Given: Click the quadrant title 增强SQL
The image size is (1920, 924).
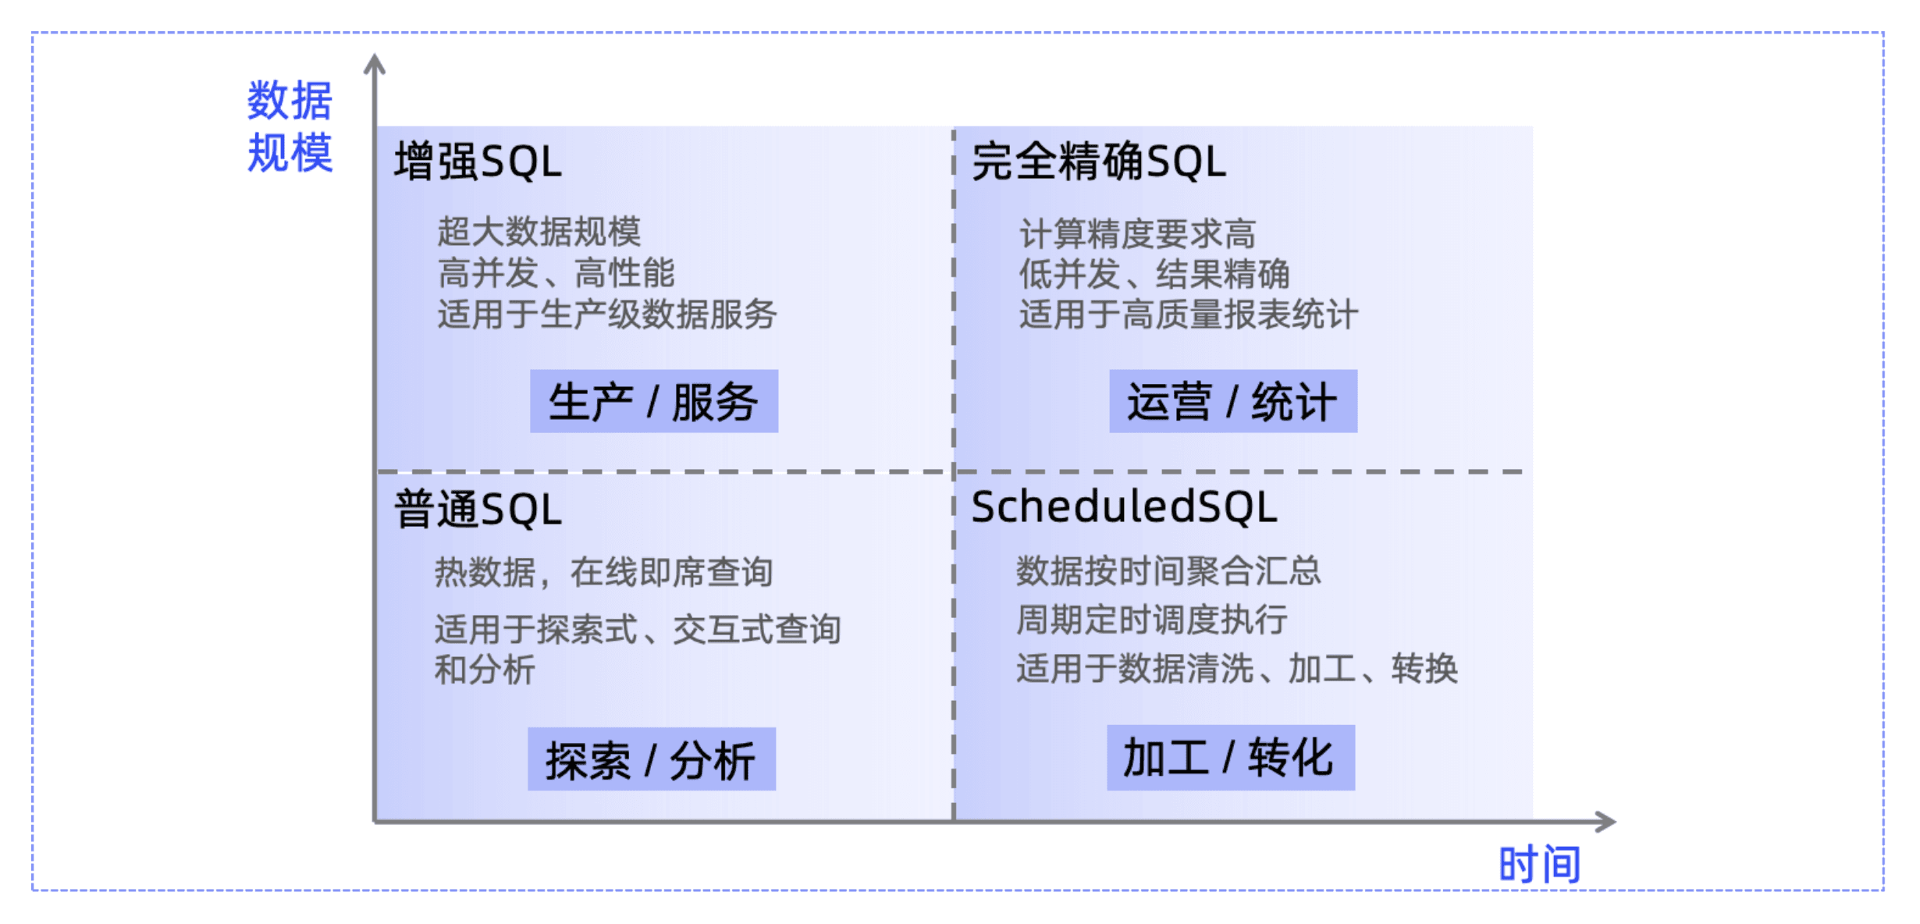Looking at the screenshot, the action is tap(478, 162).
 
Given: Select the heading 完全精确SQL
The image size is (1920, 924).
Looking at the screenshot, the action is tap(1099, 162).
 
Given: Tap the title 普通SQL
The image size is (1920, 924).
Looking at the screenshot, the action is tap(478, 510).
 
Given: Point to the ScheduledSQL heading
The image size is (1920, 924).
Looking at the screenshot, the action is tap(1124, 506).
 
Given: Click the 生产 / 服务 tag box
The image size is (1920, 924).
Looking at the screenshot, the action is tap(654, 401).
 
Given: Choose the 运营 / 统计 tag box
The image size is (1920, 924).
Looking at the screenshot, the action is tap(1233, 401).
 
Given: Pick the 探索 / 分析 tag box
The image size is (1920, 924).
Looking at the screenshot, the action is tap(652, 759).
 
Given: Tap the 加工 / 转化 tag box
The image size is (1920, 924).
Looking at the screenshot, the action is tap(1231, 758).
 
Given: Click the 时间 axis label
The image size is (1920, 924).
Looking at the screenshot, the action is tap(1540, 865).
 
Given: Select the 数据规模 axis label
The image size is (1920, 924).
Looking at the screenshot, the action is tap(290, 126).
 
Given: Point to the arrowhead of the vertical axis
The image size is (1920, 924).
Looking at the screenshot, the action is tap(375, 57).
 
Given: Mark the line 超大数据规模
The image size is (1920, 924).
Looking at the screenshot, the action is tap(539, 231).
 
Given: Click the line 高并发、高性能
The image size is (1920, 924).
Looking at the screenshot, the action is tap(556, 273).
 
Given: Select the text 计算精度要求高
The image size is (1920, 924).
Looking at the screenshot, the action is tap(1138, 233).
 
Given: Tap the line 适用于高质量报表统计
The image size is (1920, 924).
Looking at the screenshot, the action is tap(1189, 315).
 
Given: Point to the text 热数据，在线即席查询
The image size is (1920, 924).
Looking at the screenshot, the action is tap(604, 572).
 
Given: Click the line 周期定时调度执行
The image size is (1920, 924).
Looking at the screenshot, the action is tap(1152, 620).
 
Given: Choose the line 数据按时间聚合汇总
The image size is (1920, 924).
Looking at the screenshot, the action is tap(1168, 570).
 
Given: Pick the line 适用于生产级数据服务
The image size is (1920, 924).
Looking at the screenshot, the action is tap(607, 315).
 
